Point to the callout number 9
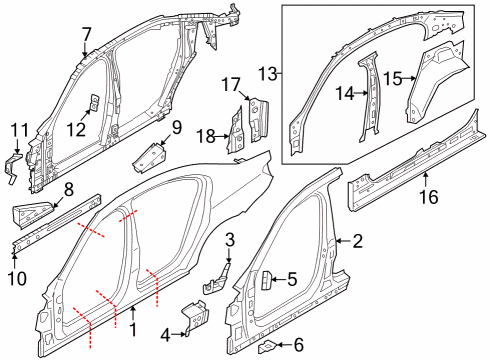(x=175, y=126)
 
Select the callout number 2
(x=355, y=241)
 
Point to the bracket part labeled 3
(x=218, y=279)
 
